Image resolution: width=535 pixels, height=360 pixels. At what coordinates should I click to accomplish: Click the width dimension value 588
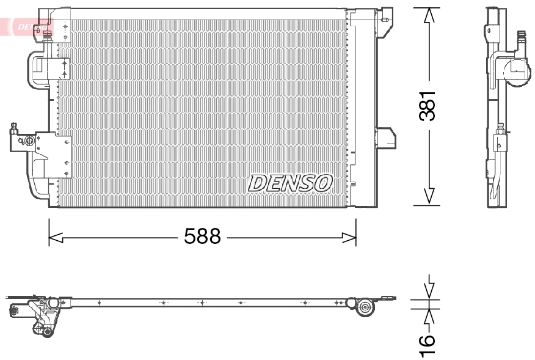point(202,237)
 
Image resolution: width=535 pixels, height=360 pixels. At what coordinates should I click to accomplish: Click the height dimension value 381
point(430,105)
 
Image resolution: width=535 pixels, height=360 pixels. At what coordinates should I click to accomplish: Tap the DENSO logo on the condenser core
point(290,182)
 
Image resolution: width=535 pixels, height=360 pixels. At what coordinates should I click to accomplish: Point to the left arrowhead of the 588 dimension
point(56,237)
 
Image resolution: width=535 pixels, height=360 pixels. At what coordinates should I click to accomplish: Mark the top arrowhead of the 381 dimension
point(430,15)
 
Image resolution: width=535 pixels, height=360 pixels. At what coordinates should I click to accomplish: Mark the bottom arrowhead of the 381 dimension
point(430,196)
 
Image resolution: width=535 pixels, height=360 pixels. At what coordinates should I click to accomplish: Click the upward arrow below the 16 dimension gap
point(430,316)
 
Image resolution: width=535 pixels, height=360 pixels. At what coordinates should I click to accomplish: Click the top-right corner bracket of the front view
point(384,17)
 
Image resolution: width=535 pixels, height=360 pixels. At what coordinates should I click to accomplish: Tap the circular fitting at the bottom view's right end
point(366,307)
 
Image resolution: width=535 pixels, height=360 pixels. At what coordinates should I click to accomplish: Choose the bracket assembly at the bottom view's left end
point(37,313)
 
